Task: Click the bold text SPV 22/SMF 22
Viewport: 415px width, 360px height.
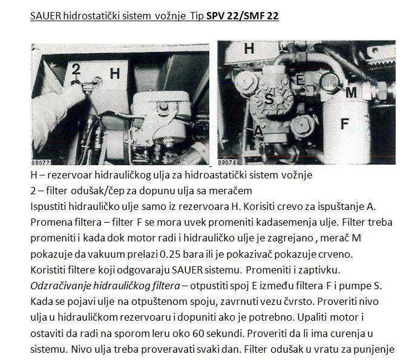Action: point(242,16)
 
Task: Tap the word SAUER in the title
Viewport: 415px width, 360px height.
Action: point(46,16)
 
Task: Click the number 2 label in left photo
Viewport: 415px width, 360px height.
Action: point(76,70)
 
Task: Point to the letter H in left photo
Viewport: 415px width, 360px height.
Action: point(115,74)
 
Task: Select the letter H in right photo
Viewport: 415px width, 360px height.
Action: point(249,48)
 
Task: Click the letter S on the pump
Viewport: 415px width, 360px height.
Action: point(269,99)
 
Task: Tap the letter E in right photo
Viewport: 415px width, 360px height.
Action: point(300,80)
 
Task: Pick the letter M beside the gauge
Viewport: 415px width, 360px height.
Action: point(351,93)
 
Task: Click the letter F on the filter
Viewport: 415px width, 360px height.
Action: point(344,124)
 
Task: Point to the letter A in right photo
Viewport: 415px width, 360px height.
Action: point(258,130)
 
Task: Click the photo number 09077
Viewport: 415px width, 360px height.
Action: point(41,162)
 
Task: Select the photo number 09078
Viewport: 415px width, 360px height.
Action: point(227,162)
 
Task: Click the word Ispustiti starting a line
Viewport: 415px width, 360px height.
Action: point(48,207)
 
